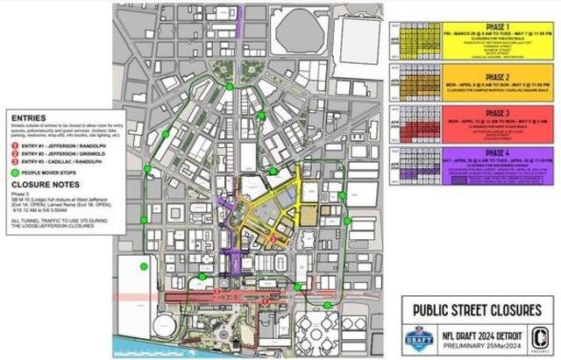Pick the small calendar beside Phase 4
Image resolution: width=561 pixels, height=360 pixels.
[404, 166]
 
